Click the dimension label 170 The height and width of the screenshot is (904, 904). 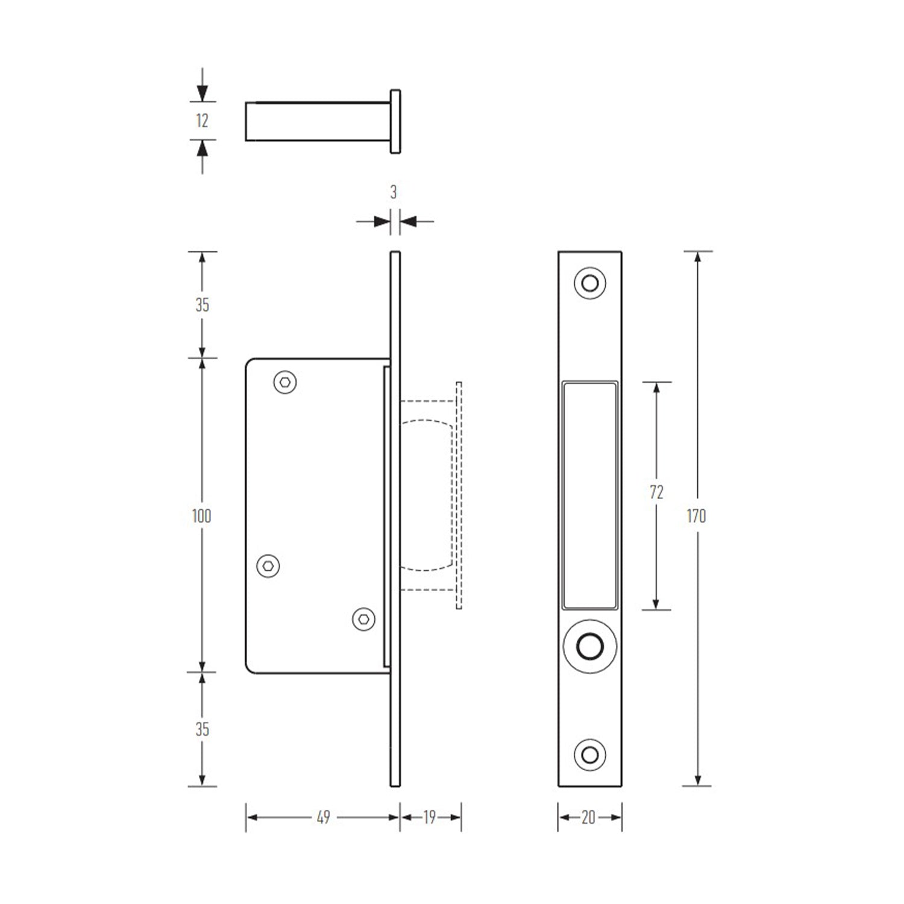tap(696, 516)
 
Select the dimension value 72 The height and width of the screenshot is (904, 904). tap(656, 492)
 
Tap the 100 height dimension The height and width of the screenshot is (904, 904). tap(201, 516)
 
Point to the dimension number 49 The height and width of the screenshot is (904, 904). tap(323, 817)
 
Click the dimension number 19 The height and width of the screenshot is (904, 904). tap(429, 817)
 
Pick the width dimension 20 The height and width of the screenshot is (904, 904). tap(588, 817)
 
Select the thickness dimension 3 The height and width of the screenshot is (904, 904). tap(394, 192)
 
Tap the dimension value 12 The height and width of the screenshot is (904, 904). tap(202, 121)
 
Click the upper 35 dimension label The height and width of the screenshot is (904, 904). tap(202, 305)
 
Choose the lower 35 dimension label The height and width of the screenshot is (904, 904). tap(202, 729)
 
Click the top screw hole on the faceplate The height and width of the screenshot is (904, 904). tap(589, 283)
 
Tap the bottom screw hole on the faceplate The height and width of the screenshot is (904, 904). tap(589, 755)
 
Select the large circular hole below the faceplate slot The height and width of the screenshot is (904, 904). tap(589, 646)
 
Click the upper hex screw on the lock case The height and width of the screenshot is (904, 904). tap(285, 382)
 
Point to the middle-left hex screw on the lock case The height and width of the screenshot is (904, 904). tap(268, 566)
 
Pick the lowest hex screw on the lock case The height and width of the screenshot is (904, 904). tap(363, 619)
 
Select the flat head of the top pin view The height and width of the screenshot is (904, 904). tap(395, 121)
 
